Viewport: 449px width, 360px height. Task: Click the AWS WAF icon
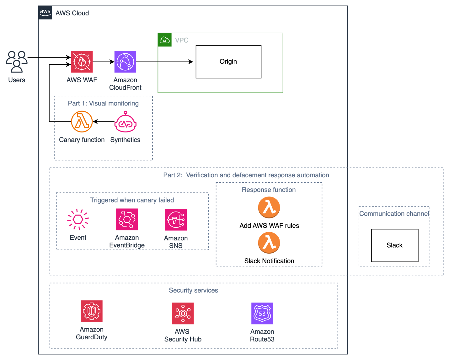[82, 62]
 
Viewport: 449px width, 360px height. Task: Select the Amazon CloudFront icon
[125, 62]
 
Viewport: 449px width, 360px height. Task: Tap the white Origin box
[228, 62]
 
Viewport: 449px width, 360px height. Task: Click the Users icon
[17, 62]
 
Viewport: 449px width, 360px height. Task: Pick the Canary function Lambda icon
[82, 122]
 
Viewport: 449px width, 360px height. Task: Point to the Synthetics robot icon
[125, 122]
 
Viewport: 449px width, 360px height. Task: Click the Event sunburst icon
[78, 219]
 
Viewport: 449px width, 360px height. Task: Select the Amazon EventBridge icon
[127, 219]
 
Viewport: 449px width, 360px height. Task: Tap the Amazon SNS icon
[176, 220]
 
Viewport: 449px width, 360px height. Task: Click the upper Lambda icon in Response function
[269, 207]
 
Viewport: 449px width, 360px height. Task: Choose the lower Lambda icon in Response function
[269, 243]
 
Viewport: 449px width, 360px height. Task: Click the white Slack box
[394, 245]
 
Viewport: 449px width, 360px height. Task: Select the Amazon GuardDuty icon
[92, 311]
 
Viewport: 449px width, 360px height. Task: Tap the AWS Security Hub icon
[183, 313]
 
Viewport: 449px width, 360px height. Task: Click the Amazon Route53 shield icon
[262, 313]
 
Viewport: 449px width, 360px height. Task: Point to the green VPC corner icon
[165, 40]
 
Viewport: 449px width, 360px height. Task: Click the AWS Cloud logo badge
[45, 13]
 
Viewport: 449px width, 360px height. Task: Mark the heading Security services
[193, 290]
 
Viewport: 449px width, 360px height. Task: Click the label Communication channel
[394, 214]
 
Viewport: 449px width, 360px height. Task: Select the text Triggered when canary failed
[132, 200]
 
